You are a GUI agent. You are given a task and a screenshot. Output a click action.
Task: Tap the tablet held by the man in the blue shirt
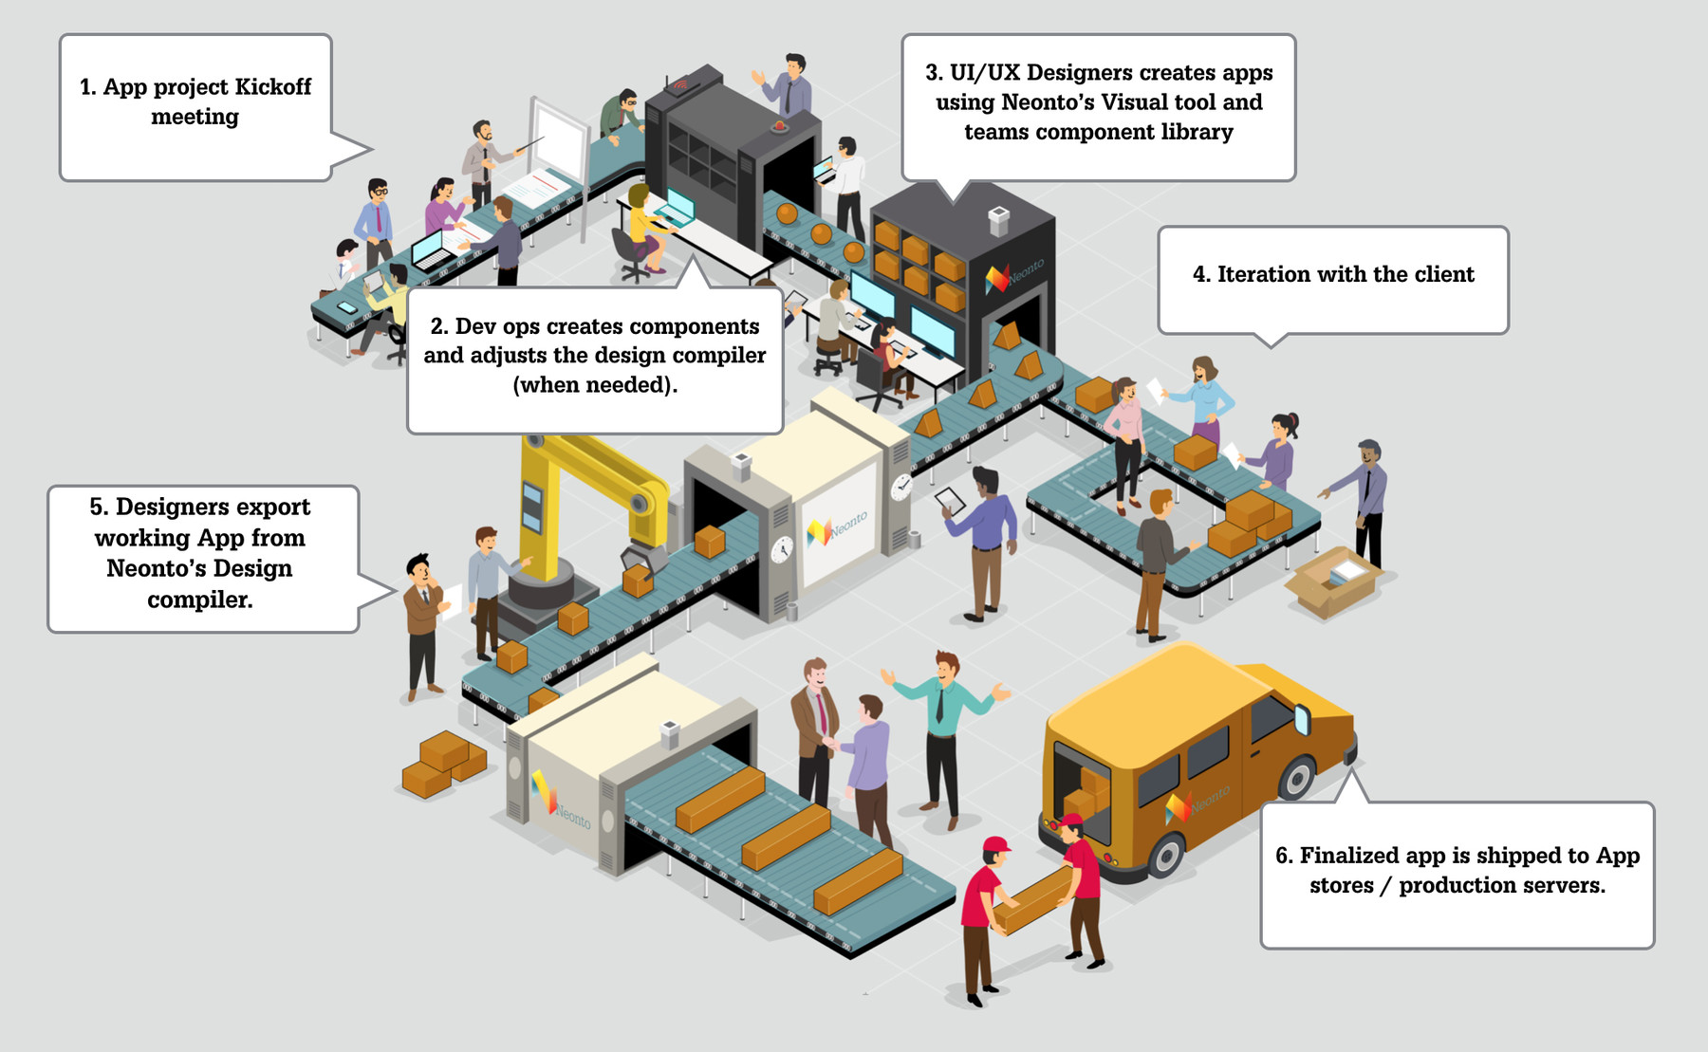point(950,500)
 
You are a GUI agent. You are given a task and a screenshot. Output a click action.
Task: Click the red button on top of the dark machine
point(780,125)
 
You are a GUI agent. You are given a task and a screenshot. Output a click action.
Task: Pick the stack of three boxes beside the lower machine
point(444,764)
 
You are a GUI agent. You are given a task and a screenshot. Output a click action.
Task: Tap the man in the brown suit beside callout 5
point(422,626)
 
